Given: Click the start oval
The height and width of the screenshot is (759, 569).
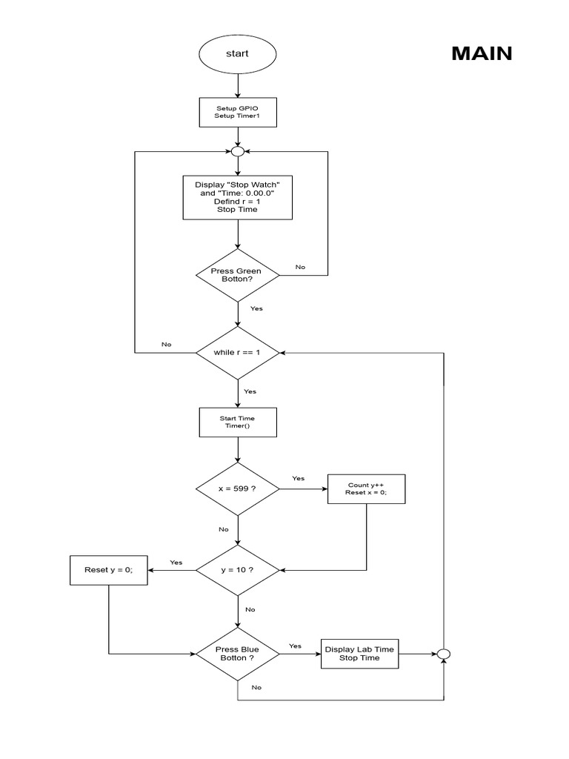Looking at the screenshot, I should (x=237, y=54).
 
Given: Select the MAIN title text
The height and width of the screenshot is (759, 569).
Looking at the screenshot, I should (x=482, y=54).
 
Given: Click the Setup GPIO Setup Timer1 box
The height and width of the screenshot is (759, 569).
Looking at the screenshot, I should (x=237, y=113).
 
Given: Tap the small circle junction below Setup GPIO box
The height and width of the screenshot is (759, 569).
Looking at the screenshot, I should (x=237, y=151).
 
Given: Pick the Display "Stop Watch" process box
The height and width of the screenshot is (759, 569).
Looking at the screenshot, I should (x=237, y=197).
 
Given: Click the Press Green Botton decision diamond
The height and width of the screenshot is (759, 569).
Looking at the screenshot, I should (x=237, y=275).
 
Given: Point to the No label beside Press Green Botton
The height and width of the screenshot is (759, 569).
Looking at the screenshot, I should (x=300, y=267).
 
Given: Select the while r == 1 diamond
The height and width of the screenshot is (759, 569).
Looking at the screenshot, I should (x=237, y=353).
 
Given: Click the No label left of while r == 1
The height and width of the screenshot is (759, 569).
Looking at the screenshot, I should (x=167, y=345).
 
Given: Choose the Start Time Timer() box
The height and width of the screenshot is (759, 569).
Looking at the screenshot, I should (x=237, y=422).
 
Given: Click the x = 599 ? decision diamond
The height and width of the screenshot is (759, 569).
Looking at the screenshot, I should (x=237, y=489).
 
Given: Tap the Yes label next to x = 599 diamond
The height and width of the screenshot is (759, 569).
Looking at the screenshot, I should (x=298, y=478).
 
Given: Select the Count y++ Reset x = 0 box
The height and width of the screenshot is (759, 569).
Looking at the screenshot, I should (x=366, y=489).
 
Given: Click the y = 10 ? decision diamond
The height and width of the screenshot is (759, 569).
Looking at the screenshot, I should (x=237, y=570).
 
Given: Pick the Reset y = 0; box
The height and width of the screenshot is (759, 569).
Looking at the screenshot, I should (x=108, y=570).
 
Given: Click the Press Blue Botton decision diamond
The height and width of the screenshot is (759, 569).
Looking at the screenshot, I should (x=237, y=654).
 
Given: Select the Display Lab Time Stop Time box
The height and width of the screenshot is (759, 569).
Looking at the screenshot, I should (x=359, y=654).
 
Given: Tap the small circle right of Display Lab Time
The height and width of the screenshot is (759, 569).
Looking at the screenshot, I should (x=443, y=654).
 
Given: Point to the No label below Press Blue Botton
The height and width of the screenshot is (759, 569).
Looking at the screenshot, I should (x=256, y=687).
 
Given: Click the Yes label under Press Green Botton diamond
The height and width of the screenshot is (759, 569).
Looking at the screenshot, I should (x=256, y=308).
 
